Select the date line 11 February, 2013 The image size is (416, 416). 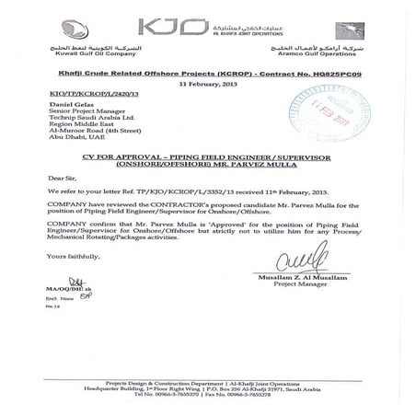click(207, 84)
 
